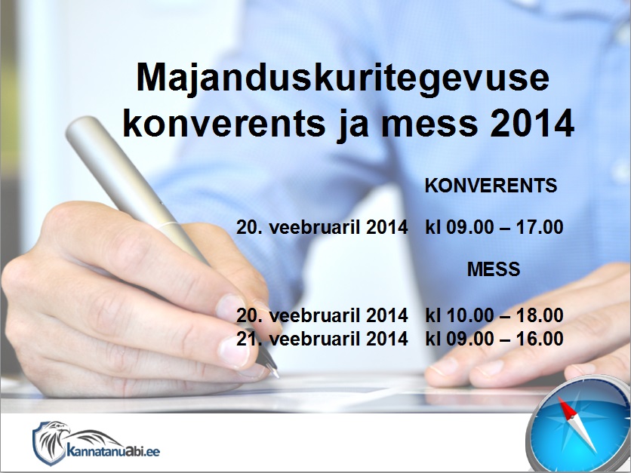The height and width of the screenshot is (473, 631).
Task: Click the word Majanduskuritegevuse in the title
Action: tap(343, 78)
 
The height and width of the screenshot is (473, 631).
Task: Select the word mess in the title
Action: tap(429, 124)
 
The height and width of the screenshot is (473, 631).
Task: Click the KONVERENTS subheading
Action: tap(491, 186)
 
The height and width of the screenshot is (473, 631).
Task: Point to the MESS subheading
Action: tap(494, 269)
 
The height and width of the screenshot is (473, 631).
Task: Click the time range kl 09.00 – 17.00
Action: tap(494, 227)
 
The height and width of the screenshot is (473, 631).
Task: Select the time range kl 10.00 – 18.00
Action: tap(494, 315)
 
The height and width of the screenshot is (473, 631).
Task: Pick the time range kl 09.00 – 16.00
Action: tap(494, 338)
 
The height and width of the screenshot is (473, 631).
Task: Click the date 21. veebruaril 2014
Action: tap(322, 338)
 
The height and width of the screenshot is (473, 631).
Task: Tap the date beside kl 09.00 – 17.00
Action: tap(322, 227)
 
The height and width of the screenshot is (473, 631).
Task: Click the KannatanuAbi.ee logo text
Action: tap(113, 450)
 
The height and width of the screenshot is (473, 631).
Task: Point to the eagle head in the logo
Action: tap(54, 430)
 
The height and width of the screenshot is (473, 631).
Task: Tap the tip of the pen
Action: tap(277, 376)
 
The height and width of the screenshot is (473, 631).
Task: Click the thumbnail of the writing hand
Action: tap(232, 352)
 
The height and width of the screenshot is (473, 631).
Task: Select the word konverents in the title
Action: tap(224, 124)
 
